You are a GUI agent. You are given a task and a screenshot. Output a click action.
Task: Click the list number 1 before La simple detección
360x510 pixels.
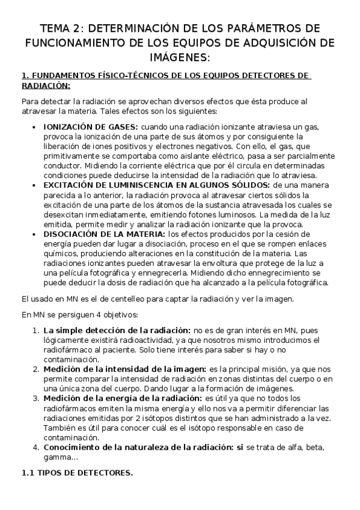(36, 330)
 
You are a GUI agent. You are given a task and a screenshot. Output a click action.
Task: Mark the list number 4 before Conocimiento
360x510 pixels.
(36, 447)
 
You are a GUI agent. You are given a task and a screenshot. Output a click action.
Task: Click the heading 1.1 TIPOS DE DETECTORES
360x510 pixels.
(77, 473)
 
